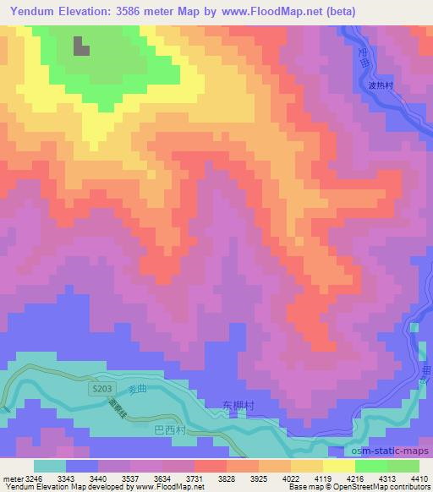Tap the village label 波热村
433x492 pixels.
click(383, 85)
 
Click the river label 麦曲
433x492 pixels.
click(137, 389)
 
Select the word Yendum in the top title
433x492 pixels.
click(36, 12)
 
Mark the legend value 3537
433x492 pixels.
click(129, 478)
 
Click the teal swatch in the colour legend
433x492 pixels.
click(49, 465)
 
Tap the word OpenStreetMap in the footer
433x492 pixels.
click(359, 487)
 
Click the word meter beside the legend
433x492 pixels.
click(11, 478)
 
